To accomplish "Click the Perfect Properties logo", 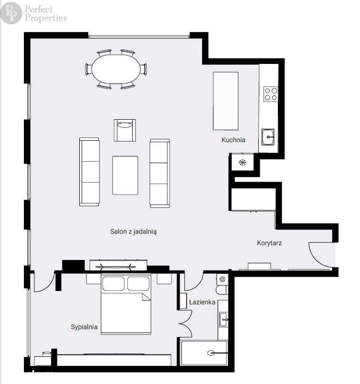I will point(34,13).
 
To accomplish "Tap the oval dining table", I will point(116,69).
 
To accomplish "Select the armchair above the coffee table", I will point(125,130).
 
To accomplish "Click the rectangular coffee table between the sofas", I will point(125,175).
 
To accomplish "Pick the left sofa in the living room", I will point(90,172).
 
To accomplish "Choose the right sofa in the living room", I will point(159,173).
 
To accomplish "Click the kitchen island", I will point(225,101).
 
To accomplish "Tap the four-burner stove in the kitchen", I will point(271,93).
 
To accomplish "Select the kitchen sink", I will point(268,137).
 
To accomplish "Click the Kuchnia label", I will point(233,140).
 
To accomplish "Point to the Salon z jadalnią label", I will point(134,232).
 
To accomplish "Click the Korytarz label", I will point(269,243).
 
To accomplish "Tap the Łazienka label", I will point(202,302).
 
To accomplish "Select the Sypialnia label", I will point(84,327).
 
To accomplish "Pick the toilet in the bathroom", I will point(222,285).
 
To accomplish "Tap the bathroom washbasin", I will point(223,320).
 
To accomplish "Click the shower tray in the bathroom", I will point(204,353).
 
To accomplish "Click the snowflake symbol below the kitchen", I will point(242,162).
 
